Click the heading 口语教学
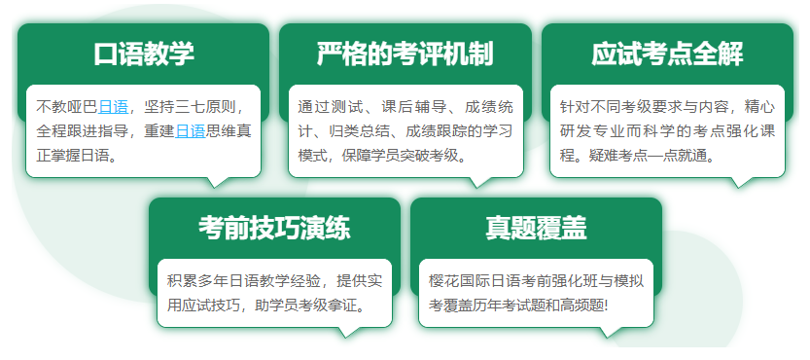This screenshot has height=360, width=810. [x=144, y=54]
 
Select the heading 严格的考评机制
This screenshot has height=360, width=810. [x=405, y=54]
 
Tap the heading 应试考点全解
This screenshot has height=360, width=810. [x=667, y=54]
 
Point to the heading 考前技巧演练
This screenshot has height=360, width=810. [x=274, y=228]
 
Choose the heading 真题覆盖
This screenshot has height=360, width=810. [x=536, y=228]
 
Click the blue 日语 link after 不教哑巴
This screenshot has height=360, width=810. [x=113, y=108]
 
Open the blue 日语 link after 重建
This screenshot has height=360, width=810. [x=191, y=131]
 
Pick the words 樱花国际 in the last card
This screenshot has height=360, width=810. [x=459, y=282]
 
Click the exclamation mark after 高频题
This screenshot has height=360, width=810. [x=607, y=306]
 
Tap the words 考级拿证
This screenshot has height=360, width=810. [x=326, y=306]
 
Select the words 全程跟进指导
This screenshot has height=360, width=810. [x=82, y=131]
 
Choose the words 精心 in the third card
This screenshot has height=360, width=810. [x=760, y=108]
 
